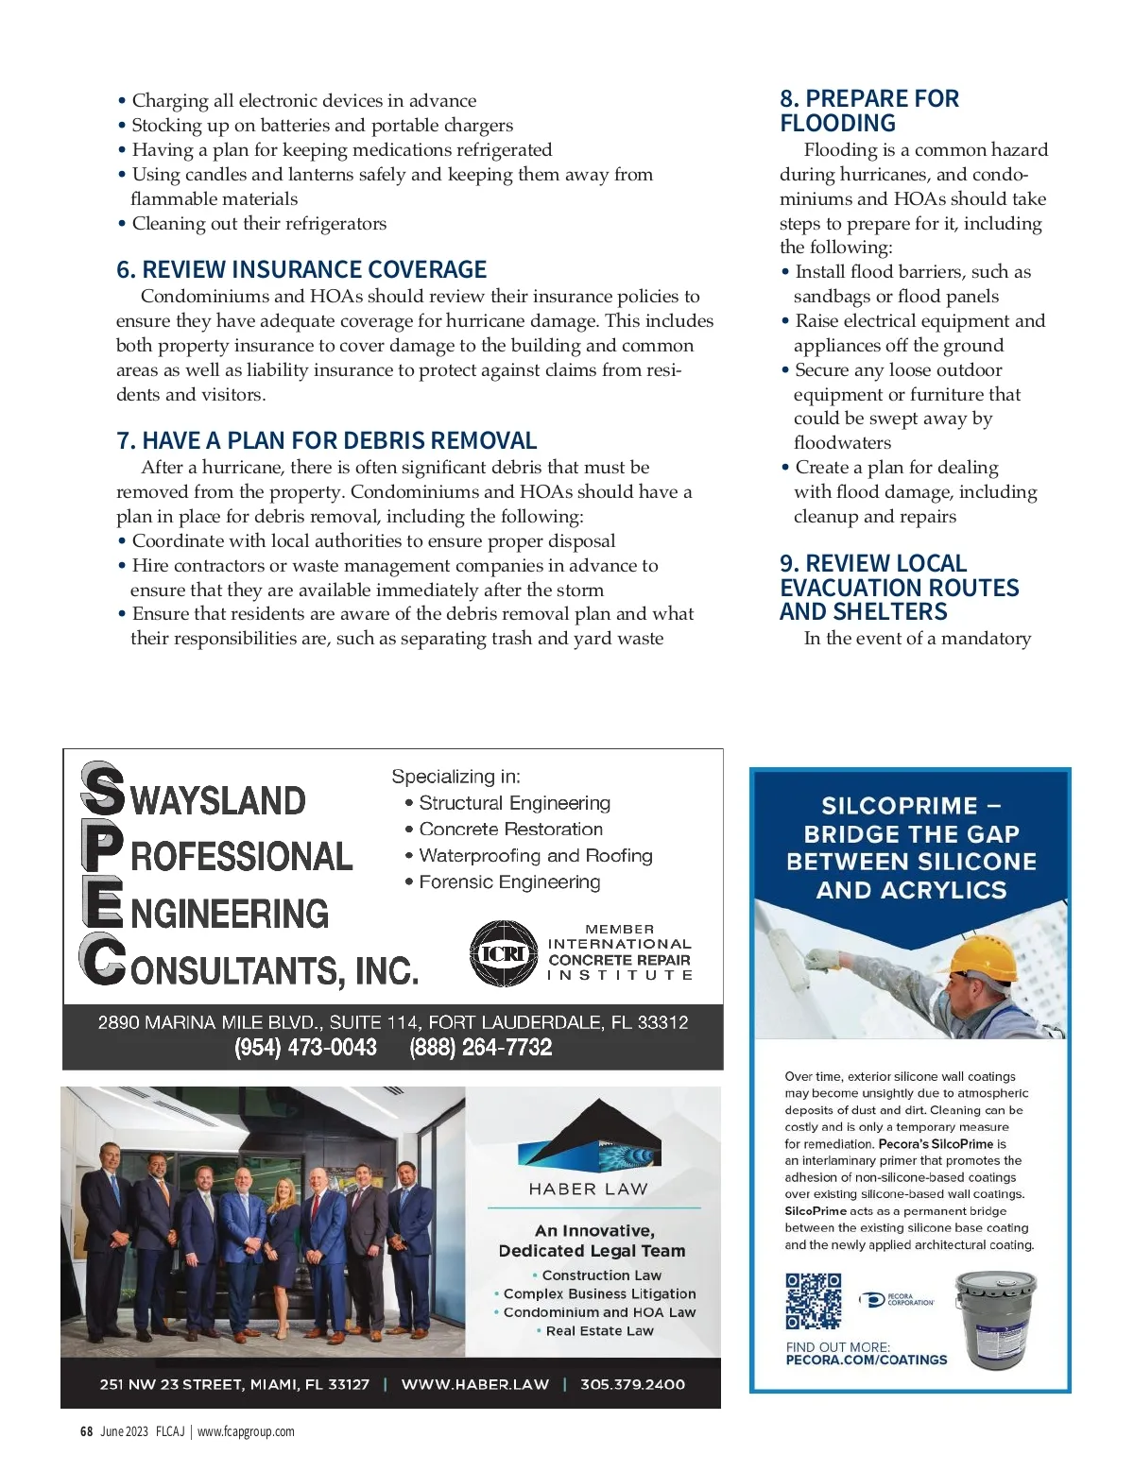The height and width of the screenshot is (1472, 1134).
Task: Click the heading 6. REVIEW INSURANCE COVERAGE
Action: click(x=301, y=270)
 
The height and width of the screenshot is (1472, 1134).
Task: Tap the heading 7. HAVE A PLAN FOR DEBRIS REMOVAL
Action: click(x=326, y=441)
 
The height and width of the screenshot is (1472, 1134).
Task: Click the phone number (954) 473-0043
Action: click(x=305, y=1048)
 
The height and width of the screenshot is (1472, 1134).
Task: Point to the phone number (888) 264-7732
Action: click(x=480, y=1048)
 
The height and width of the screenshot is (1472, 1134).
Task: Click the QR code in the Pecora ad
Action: click(x=813, y=1301)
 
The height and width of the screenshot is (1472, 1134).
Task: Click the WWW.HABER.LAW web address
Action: click(x=474, y=1384)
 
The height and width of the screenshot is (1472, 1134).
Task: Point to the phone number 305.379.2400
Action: click(x=632, y=1384)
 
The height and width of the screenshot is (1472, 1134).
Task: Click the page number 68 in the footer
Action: click(x=86, y=1431)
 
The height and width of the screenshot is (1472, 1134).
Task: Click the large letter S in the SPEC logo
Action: click(x=102, y=790)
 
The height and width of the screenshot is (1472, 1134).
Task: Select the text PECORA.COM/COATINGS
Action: click(x=866, y=1361)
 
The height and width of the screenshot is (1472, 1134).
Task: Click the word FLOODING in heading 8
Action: click(x=837, y=124)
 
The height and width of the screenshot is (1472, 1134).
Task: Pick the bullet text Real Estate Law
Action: click(x=599, y=1331)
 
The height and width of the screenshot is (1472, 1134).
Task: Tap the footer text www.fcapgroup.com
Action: click(x=246, y=1431)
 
